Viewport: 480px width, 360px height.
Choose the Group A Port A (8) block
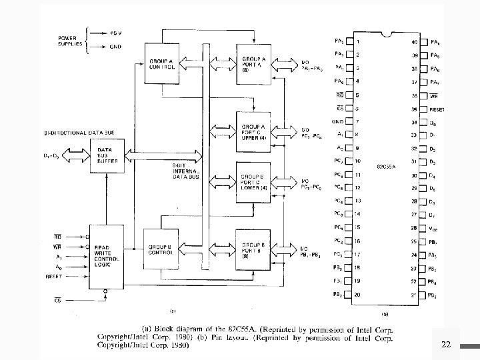pyautogui.click(x=255, y=64)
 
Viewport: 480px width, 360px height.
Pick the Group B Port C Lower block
pyautogui.click(x=255, y=182)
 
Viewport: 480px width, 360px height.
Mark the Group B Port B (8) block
pyautogui.click(x=255, y=250)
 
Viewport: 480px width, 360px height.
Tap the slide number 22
pyautogui.click(x=446, y=344)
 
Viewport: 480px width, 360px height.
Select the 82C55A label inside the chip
pyautogui.click(x=386, y=165)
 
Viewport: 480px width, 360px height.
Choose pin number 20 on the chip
pyautogui.click(x=358, y=294)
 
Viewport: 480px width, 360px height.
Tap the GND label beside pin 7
pyautogui.click(x=338, y=122)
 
